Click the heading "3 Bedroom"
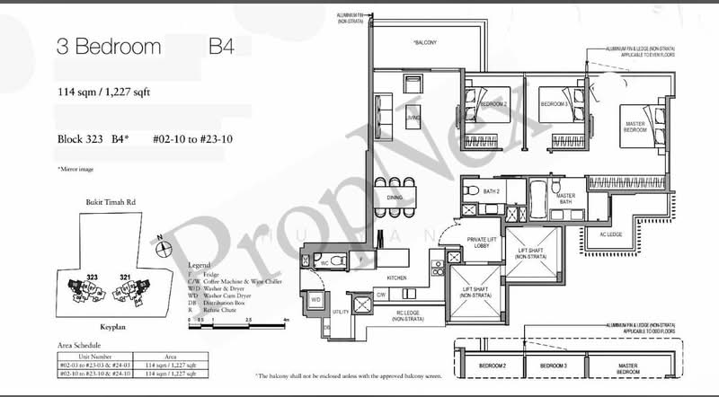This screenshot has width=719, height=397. (109, 47)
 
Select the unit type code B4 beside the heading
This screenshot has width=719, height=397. (221, 47)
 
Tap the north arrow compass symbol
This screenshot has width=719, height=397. (161, 241)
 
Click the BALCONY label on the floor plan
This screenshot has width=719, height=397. (425, 42)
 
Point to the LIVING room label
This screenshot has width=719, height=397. (413, 117)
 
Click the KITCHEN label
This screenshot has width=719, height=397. (396, 278)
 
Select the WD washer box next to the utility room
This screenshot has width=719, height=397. (315, 299)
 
